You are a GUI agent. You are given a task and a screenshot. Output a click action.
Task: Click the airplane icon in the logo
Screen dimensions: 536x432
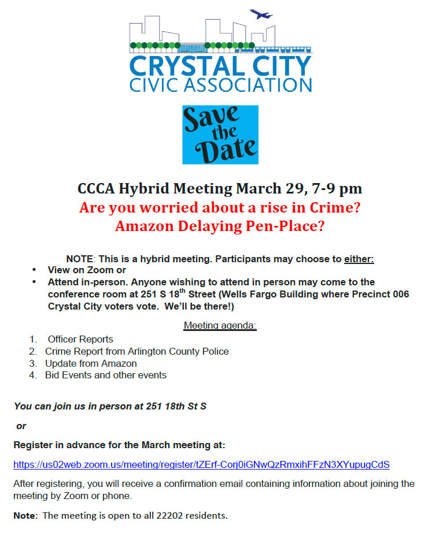tap(261, 14)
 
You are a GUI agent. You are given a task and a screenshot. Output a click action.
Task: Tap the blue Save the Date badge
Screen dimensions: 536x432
tap(220, 135)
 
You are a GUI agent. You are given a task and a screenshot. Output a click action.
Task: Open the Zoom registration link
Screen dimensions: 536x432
tap(201, 464)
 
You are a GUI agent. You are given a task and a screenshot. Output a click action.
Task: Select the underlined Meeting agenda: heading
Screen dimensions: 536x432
tap(220, 326)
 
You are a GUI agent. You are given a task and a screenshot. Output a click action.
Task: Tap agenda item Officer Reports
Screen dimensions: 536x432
tap(80, 339)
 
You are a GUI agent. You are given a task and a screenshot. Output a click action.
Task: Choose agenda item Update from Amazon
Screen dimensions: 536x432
tap(91, 363)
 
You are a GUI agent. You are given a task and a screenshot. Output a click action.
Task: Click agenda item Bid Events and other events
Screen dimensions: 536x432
tap(106, 375)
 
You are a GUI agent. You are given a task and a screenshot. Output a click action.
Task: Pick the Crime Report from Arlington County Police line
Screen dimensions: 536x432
tap(137, 351)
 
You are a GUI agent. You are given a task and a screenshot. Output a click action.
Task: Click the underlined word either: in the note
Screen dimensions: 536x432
tap(359, 259)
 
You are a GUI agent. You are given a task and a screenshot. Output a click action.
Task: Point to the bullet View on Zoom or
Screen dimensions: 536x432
tap(87, 270)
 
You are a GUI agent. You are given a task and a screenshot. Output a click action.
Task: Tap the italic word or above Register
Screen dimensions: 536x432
tap(21, 426)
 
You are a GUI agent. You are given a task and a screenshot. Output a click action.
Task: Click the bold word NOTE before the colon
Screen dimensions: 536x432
tap(78, 259)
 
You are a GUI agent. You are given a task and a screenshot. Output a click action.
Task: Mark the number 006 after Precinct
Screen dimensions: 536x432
tap(400, 294)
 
